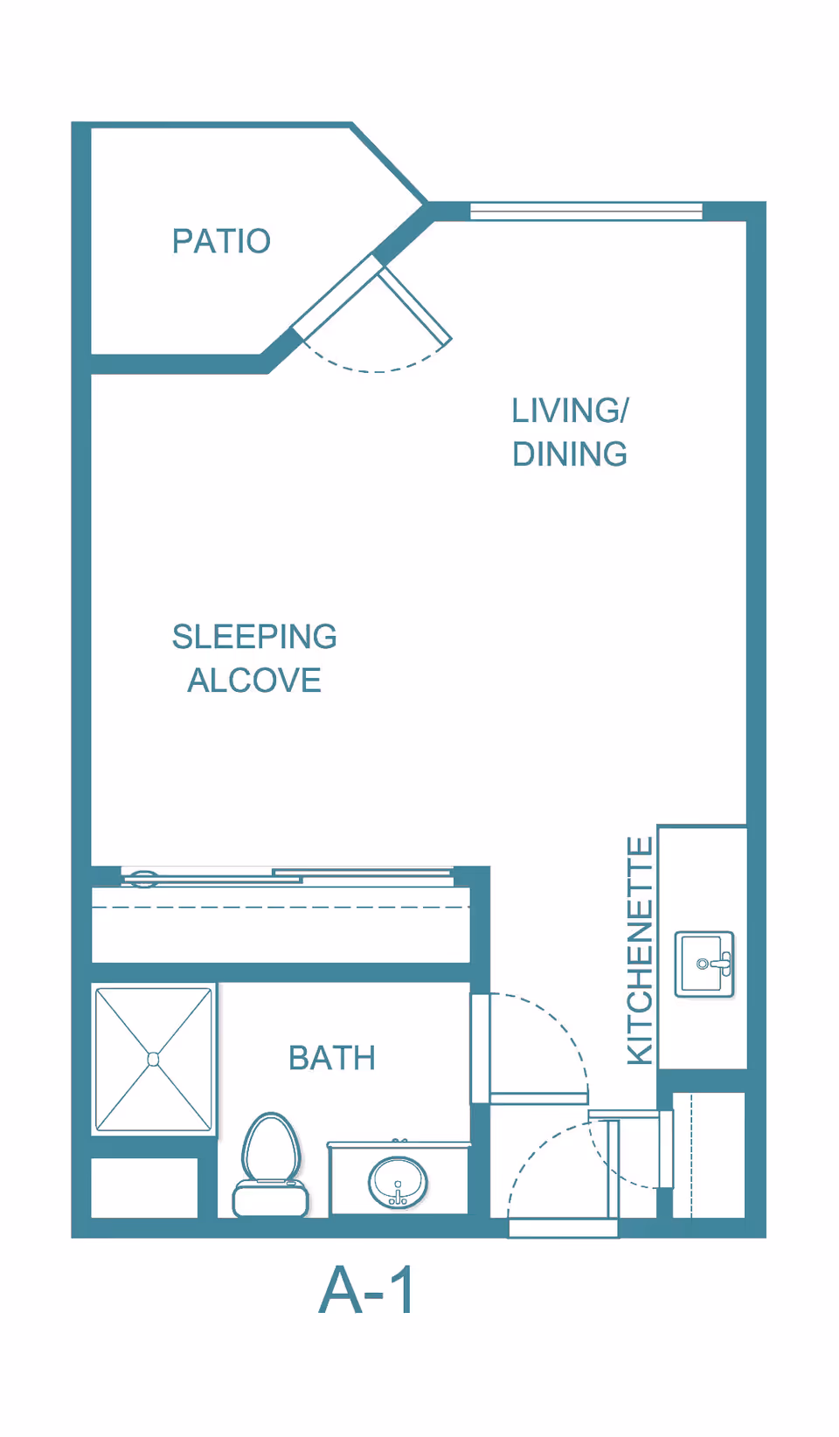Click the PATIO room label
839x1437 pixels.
(x=221, y=241)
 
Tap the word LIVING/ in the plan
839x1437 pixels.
(x=570, y=411)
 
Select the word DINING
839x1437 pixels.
(x=570, y=454)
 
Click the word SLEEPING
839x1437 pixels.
(x=254, y=637)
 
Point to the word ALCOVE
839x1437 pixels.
(x=254, y=681)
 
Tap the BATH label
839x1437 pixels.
(x=332, y=1058)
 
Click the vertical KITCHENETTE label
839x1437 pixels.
(x=641, y=950)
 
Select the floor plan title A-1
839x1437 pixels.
(x=367, y=1290)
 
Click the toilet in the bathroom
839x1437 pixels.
(x=271, y=1166)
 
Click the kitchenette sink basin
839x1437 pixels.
(x=704, y=964)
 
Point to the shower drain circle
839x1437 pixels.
(x=154, y=1060)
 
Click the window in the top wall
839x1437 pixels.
(x=586, y=211)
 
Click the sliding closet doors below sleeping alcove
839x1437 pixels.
(x=288, y=875)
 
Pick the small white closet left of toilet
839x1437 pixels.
(x=144, y=1187)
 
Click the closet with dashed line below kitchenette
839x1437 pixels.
(x=708, y=1154)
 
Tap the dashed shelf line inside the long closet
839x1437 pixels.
(x=280, y=908)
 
